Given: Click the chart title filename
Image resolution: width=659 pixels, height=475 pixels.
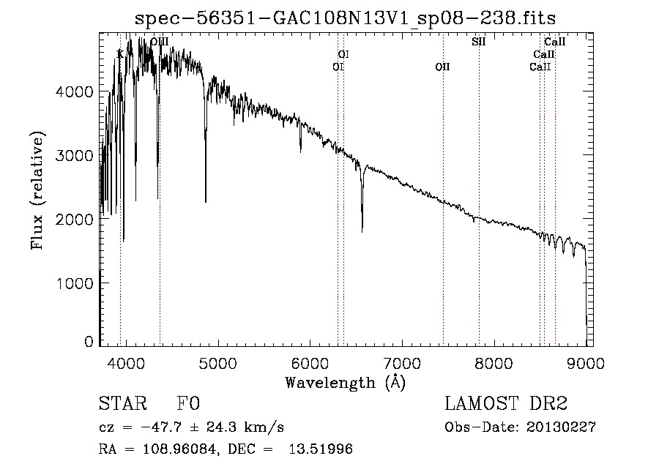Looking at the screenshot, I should [x=350, y=18].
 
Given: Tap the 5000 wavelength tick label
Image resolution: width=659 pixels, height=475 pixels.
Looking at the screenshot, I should [x=217, y=362].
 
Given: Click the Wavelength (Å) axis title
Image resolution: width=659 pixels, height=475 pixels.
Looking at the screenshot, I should [x=345, y=382].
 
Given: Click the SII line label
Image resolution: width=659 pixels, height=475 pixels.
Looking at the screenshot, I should [x=478, y=42].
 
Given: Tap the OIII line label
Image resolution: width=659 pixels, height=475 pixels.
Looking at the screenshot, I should [x=159, y=42].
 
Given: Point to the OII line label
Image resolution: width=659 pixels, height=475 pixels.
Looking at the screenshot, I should [x=442, y=67].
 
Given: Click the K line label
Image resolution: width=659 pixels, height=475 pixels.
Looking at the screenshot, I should [x=120, y=54].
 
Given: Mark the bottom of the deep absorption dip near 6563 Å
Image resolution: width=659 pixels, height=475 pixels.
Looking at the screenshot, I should [x=362, y=231].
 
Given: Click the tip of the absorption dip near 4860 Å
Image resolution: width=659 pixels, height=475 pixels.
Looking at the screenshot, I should [x=205, y=201].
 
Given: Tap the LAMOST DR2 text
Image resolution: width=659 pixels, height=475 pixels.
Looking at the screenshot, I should [x=506, y=404].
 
